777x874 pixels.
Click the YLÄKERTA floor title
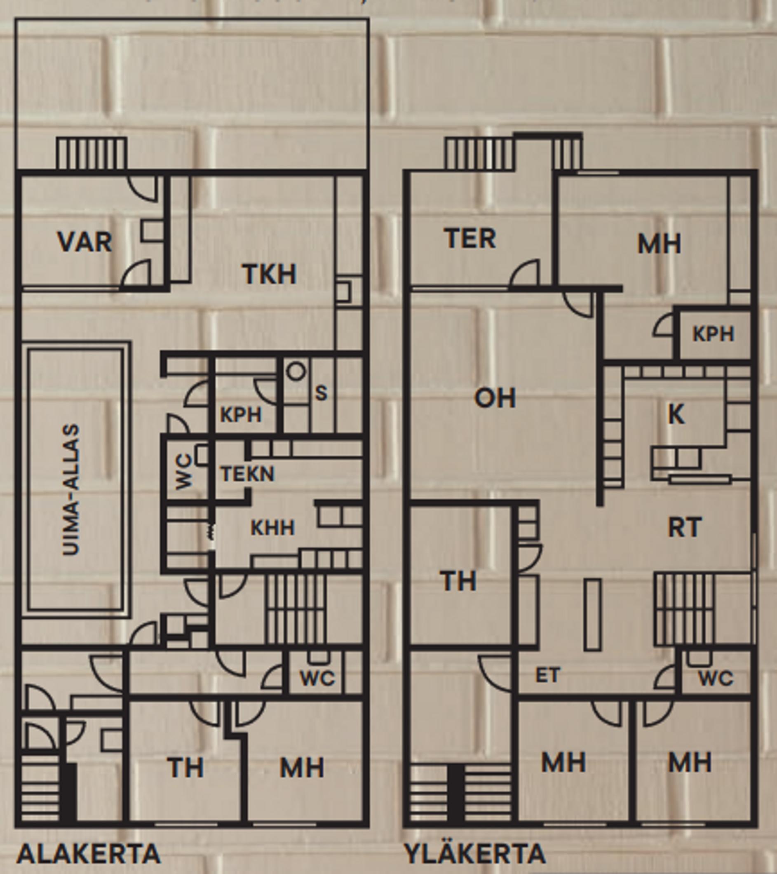pos(475,853)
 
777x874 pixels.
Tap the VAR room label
pos(85,242)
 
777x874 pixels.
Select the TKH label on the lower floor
pos(270,274)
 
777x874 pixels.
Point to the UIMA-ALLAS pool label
pos(71,490)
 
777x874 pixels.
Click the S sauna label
pos(321,393)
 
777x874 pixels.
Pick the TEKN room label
pos(247,474)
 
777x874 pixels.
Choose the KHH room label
pos(272,528)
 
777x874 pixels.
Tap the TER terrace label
pos(470,238)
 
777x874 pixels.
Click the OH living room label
pos(495,398)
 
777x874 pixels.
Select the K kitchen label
pos(676,414)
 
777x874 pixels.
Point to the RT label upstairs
pos(685,527)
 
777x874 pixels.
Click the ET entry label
pos(547,676)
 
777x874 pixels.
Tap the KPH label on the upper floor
pos(713,334)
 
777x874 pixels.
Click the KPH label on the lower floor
pos(241,415)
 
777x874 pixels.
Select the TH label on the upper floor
pos(458,582)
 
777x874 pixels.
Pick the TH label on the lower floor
pos(185,768)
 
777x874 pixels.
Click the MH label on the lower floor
pos(302,768)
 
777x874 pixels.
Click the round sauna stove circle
pos(296,371)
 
